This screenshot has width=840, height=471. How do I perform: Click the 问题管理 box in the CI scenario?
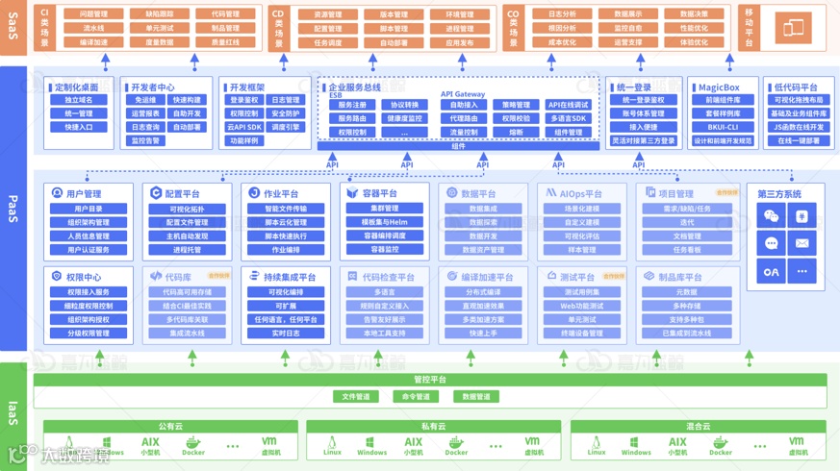[x=93, y=14]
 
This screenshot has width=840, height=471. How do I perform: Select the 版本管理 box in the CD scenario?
[x=393, y=14]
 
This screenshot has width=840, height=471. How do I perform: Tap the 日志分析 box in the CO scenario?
[x=562, y=14]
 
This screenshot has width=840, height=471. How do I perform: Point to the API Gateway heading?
[x=463, y=94]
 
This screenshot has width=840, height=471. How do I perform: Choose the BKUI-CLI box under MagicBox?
[x=722, y=127]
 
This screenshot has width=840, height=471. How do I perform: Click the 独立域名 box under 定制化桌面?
[x=79, y=100]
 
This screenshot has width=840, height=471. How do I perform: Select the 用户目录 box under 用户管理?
[x=89, y=209]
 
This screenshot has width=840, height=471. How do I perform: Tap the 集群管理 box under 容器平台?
[x=384, y=209]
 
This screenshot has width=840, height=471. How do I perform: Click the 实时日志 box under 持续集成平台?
[x=285, y=334]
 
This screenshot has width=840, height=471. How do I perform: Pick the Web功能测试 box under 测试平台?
[x=580, y=306]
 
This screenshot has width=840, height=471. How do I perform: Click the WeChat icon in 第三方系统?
[x=771, y=216]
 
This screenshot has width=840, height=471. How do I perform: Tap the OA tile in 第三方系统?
[x=771, y=271]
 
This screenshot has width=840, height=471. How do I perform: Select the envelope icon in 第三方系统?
[x=802, y=243]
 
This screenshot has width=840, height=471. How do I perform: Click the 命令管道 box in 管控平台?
[x=416, y=396]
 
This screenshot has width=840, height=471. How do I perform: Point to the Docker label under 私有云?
[x=457, y=447]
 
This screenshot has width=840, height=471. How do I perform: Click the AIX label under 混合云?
[x=677, y=444]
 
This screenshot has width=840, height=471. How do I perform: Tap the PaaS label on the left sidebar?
[x=13, y=209]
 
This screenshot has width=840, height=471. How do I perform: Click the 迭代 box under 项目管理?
[x=687, y=222]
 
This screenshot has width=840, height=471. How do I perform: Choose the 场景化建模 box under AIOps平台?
[x=580, y=209]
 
